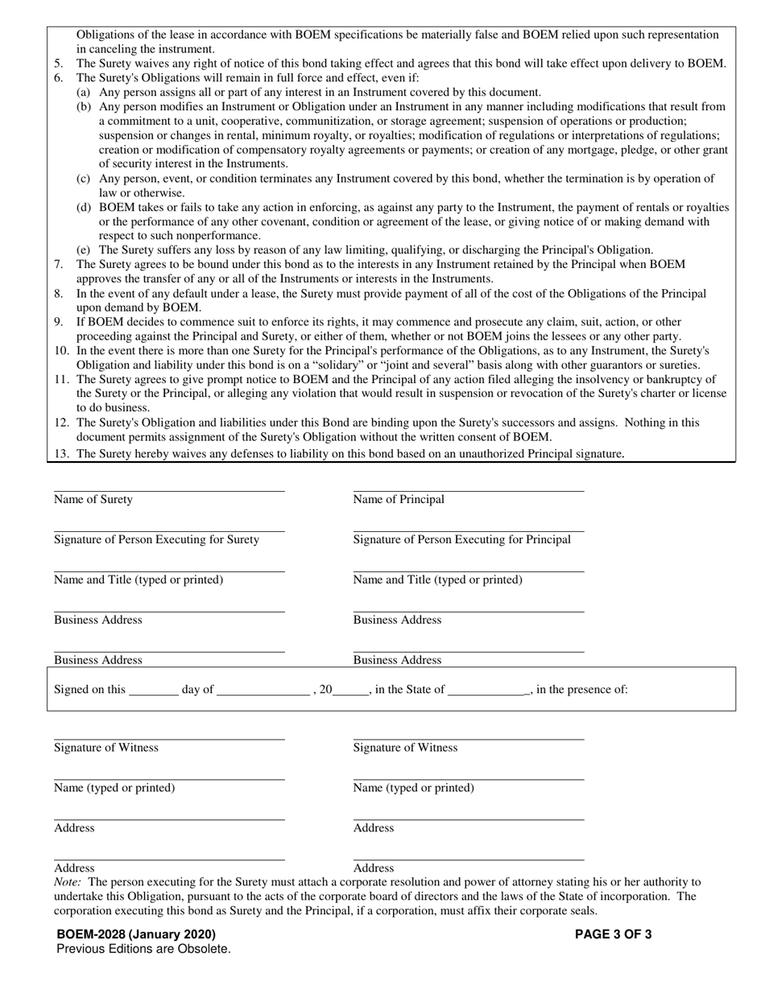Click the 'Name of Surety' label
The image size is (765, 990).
[93, 500]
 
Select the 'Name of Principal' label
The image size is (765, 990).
[399, 500]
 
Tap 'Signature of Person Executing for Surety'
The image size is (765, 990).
[156, 540]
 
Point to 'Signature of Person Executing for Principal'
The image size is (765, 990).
[461, 540]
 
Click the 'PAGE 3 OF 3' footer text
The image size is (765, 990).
[613, 934]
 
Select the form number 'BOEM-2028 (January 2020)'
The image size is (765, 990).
[136, 934]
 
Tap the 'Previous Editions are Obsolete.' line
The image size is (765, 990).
[143, 949]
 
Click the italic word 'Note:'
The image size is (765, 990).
[68, 882]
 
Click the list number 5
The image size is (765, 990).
[59, 64]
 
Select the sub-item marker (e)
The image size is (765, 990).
[83, 250]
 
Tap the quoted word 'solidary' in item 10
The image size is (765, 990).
[335, 365]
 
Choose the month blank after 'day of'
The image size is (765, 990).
[263, 690]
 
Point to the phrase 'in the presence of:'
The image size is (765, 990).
[581, 690]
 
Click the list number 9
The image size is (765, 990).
[59, 323]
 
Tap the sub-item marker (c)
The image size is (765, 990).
[83, 179]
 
